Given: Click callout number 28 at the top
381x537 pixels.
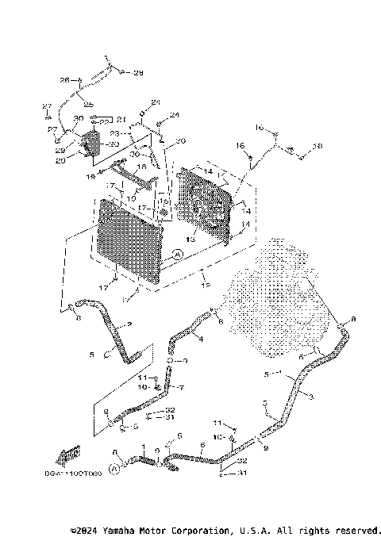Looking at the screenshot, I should click(x=138, y=73).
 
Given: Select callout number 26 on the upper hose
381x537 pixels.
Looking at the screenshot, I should click(x=65, y=80).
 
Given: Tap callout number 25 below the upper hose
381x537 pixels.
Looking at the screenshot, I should click(x=88, y=105).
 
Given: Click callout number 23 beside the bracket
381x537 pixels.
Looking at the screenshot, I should click(x=114, y=133).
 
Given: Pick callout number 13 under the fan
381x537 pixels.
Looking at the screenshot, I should click(x=190, y=238).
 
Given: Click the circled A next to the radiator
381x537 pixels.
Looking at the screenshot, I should click(x=178, y=254).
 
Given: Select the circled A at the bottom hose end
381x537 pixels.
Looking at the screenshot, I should click(x=114, y=470).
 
